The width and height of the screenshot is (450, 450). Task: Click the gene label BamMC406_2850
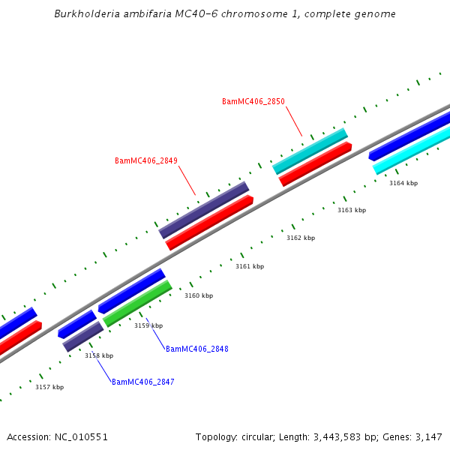click(x=253, y=101)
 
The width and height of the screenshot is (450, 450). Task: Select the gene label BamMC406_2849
click(x=145, y=160)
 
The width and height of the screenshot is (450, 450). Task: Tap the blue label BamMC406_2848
click(x=196, y=349)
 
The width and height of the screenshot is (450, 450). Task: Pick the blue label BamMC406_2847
click(x=142, y=382)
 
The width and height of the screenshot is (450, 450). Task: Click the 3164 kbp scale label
click(x=403, y=183)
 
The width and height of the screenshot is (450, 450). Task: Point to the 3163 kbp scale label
click(x=352, y=210)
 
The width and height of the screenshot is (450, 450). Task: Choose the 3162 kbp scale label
click(x=301, y=238)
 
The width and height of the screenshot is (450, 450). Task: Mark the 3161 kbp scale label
click(x=250, y=266)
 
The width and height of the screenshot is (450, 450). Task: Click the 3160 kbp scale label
click(x=199, y=295)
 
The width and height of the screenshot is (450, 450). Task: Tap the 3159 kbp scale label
click(x=148, y=325)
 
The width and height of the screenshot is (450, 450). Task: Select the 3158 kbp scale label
click(x=99, y=355)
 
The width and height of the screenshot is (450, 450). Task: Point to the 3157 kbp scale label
click(x=49, y=387)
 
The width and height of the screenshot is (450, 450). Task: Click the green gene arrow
click(x=138, y=303)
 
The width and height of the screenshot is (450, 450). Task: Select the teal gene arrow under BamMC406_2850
click(x=310, y=151)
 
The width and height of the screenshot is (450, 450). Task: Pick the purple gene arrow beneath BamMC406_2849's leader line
click(x=203, y=210)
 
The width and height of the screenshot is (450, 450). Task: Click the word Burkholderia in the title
click(x=83, y=14)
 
